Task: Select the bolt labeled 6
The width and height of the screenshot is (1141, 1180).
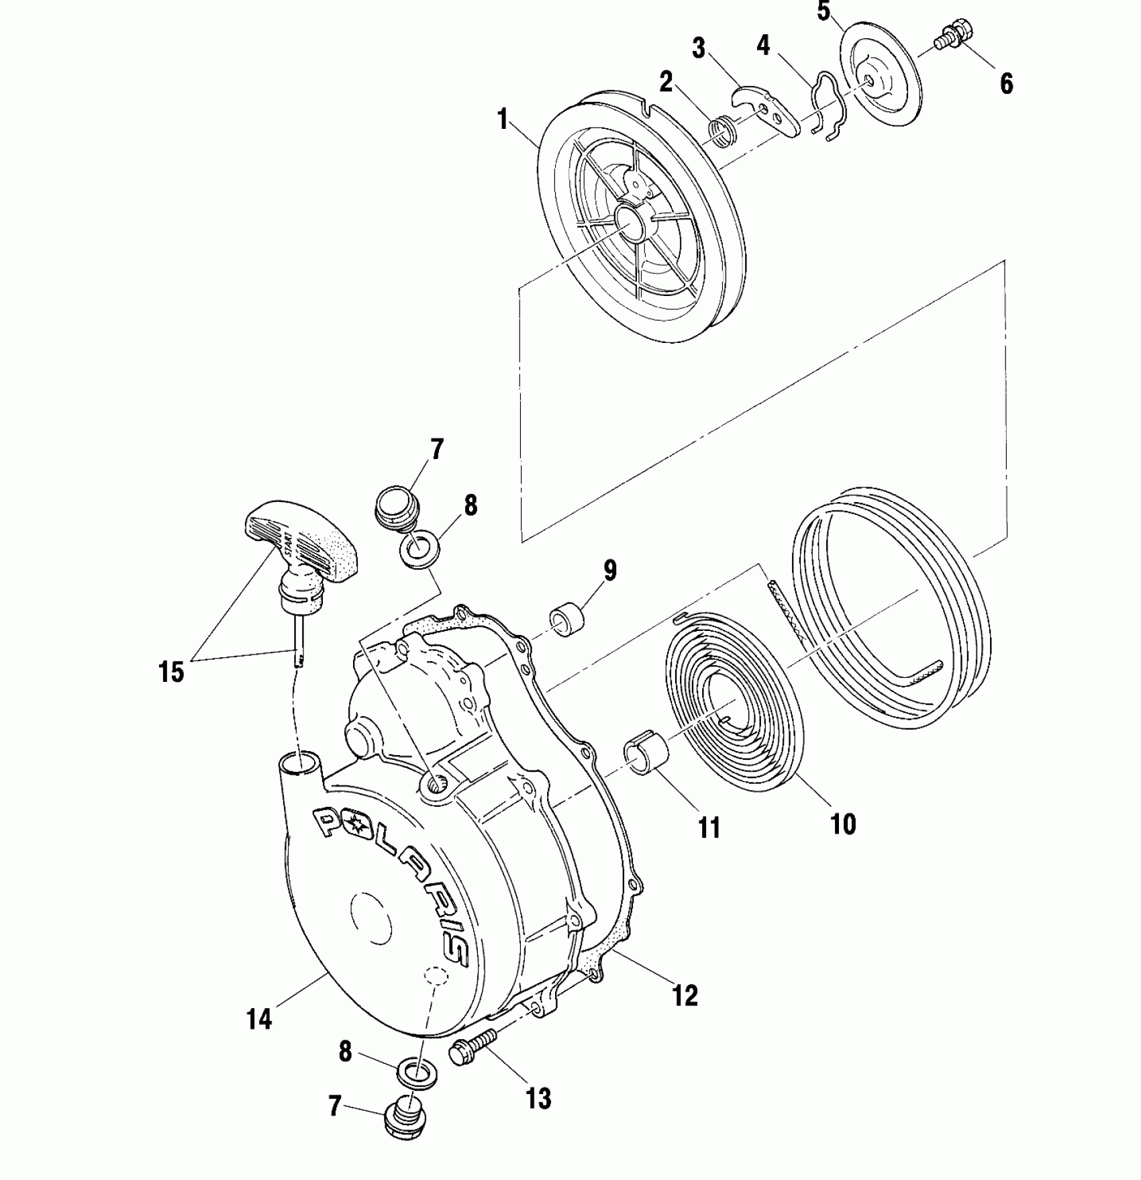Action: click(954, 34)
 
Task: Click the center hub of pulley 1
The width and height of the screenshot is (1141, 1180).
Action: click(632, 225)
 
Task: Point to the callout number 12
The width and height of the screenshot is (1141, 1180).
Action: click(685, 995)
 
